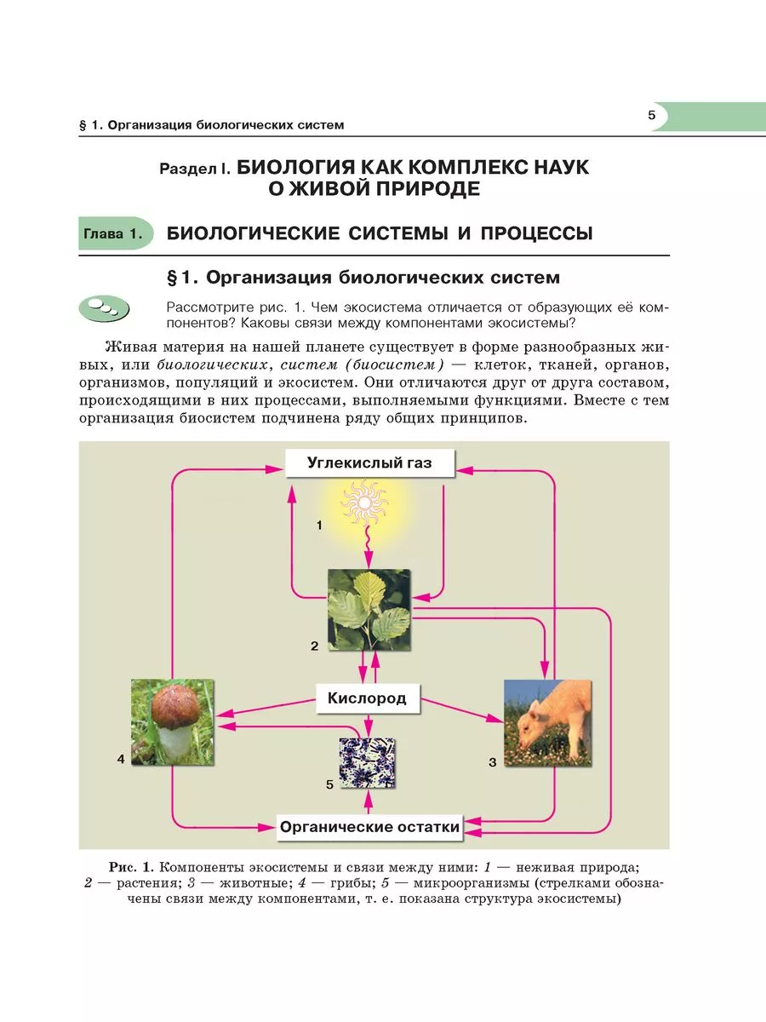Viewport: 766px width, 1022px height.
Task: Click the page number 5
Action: [651, 116]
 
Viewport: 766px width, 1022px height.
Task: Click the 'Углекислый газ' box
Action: [369, 463]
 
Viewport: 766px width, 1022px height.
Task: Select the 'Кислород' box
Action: [367, 698]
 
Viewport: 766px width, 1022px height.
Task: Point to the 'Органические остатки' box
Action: [370, 826]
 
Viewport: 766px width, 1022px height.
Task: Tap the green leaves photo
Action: [369, 610]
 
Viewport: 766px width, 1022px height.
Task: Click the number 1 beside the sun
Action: [319, 525]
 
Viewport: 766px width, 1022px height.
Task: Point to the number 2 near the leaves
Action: [314, 646]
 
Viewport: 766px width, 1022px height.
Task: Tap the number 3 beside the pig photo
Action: [492, 762]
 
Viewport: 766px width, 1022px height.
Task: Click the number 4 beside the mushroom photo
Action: [122, 757]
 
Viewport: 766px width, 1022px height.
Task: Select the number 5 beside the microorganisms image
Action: [329, 784]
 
